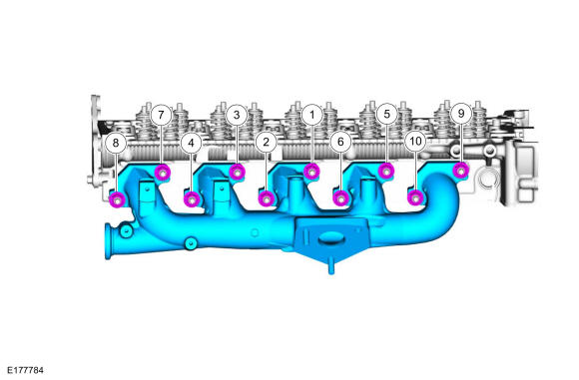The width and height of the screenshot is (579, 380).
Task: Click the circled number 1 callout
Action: point(312,115)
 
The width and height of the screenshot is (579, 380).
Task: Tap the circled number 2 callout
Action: point(266,142)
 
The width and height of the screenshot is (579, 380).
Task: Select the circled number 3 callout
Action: point(237,115)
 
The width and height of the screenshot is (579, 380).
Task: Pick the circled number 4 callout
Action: point(191,143)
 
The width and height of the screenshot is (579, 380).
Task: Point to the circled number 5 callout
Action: point(386,114)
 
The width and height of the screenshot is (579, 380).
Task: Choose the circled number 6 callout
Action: point(340,142)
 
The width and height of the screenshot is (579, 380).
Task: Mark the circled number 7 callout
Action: point(161,115)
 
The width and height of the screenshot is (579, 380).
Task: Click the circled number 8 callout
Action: point(116,143)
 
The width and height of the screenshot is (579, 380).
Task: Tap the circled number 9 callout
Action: point(461,114)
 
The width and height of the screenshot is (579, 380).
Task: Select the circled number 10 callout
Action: point(415,142)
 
